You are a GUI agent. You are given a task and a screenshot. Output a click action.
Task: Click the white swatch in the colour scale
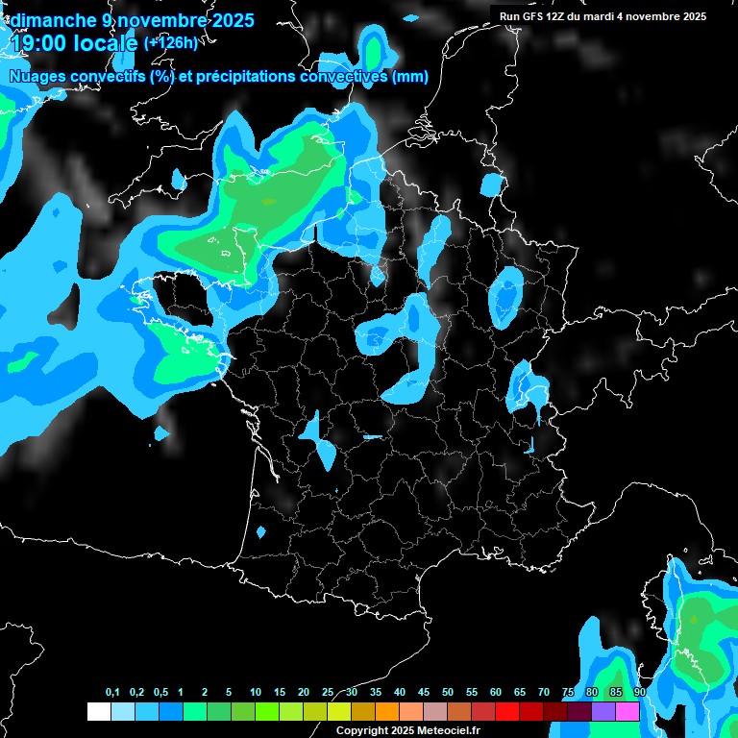click(x=98, y=711)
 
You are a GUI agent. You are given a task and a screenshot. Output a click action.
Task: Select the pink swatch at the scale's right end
click(x=627, y=711)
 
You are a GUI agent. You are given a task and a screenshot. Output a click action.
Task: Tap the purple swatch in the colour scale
click(x=603, y=711)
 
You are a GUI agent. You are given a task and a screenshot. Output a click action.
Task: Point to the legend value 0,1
click(x=112, y=693)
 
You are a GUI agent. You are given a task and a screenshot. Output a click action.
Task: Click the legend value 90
click(x=640, y=693)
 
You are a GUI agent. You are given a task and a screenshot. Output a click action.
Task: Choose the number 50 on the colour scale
click(x=448, y=693)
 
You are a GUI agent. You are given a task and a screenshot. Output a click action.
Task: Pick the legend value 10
click(x=256, y=693)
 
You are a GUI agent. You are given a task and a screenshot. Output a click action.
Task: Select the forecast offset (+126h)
click(x=170, y=42)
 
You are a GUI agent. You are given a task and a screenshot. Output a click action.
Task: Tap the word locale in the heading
click(x=107, y=42)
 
